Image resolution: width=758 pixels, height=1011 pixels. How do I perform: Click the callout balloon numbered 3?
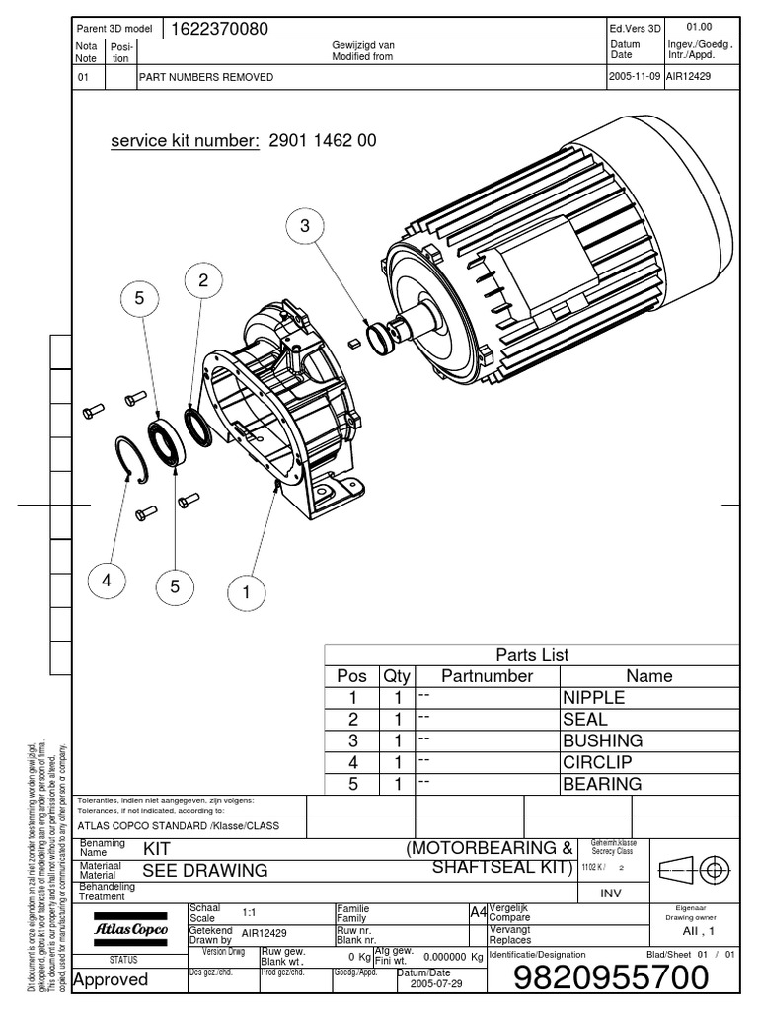click(305, 227)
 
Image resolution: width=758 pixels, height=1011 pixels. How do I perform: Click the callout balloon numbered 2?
click(203, 281)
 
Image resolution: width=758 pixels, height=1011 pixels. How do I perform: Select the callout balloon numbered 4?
click(107, 582)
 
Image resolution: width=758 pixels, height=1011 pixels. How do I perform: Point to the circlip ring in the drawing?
click(131, 459)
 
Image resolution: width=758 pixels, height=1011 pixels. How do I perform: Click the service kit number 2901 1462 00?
click(323, 141)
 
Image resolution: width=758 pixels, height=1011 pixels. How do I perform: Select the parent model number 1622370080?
click(220, 29)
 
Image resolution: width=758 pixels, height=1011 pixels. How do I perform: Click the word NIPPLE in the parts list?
click(594, 698)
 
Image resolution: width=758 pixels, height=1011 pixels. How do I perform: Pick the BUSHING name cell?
click(602, 740)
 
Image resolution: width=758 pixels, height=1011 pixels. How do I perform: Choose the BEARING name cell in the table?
click(602, 784)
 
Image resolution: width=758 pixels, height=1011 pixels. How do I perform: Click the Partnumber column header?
click(488, 676)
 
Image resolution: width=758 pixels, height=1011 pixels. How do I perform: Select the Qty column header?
click(397, 676)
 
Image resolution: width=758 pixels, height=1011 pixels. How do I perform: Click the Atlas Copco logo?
click(130, 930)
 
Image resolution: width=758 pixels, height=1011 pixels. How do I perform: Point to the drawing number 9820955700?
click(612, 978)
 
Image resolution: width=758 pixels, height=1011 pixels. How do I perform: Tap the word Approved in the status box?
click(111, 979)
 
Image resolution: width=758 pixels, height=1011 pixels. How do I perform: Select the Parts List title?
click(532, 655)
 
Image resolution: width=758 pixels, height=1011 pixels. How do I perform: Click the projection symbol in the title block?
click(695, 869)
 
